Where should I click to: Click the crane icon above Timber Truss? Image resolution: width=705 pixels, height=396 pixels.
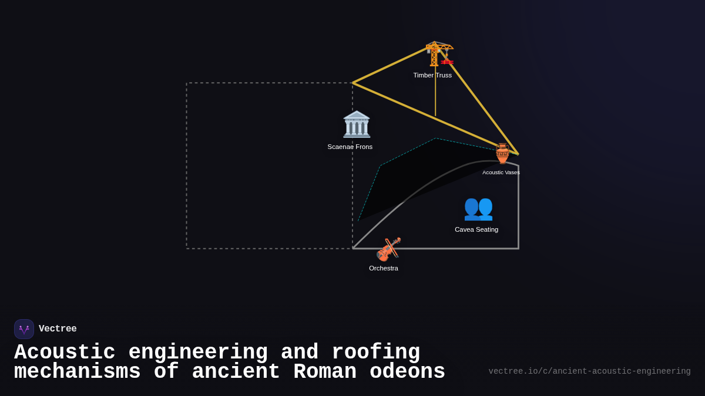tap(439, 55)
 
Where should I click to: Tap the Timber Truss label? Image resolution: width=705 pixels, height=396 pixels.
tap(432, 75)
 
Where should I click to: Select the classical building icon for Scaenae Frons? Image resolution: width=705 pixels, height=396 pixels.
tap(357, 124)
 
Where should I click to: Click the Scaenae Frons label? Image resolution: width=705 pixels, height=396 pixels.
tap(350, 147)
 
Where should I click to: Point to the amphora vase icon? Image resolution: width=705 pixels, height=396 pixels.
tap(502, 154)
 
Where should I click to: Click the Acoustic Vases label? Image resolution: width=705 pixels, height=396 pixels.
tap(501, 172)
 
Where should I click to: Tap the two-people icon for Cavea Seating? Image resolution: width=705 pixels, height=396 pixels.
tap(478, 208)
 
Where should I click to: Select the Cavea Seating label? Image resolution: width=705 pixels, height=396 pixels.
tap(476, 229)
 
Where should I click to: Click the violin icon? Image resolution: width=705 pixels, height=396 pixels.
tap(388, 249)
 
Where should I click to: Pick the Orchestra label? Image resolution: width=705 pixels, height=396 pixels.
tap(384, 268)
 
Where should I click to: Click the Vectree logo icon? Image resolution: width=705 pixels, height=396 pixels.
tap(24, 329)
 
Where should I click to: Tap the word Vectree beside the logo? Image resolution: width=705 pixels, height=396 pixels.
tap(58, 329)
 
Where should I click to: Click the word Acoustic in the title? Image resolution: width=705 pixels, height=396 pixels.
tap(65, 353)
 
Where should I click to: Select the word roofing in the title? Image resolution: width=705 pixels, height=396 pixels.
tap(376, 353)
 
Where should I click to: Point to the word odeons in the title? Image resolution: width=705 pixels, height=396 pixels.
tap(407, 372)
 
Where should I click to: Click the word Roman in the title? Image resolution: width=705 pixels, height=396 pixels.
tap(325, 372)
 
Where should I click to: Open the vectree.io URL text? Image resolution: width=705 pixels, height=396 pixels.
tap(589, 371)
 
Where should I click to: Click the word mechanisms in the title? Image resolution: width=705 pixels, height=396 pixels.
tap(78, 372)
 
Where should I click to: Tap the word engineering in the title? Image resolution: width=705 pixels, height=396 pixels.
tap(198, 353)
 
